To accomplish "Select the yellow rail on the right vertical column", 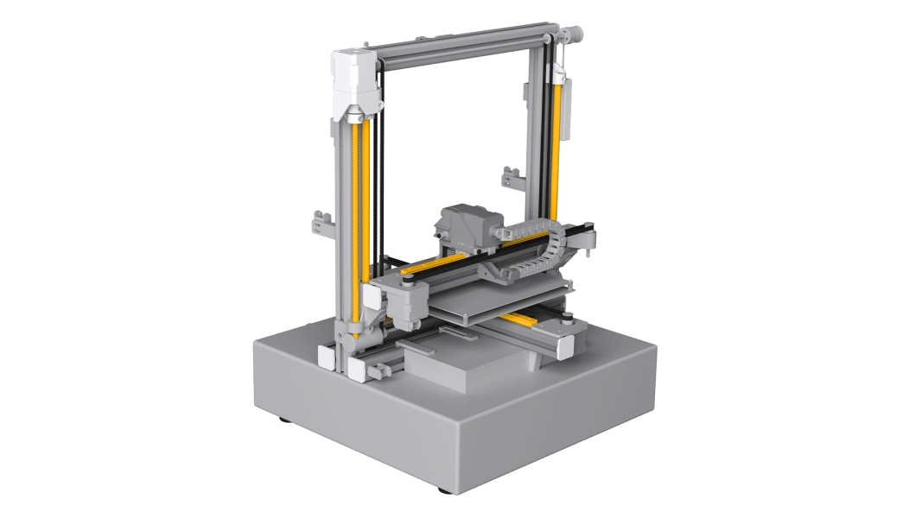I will [556, 155].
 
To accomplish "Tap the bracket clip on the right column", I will [511, 180].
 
